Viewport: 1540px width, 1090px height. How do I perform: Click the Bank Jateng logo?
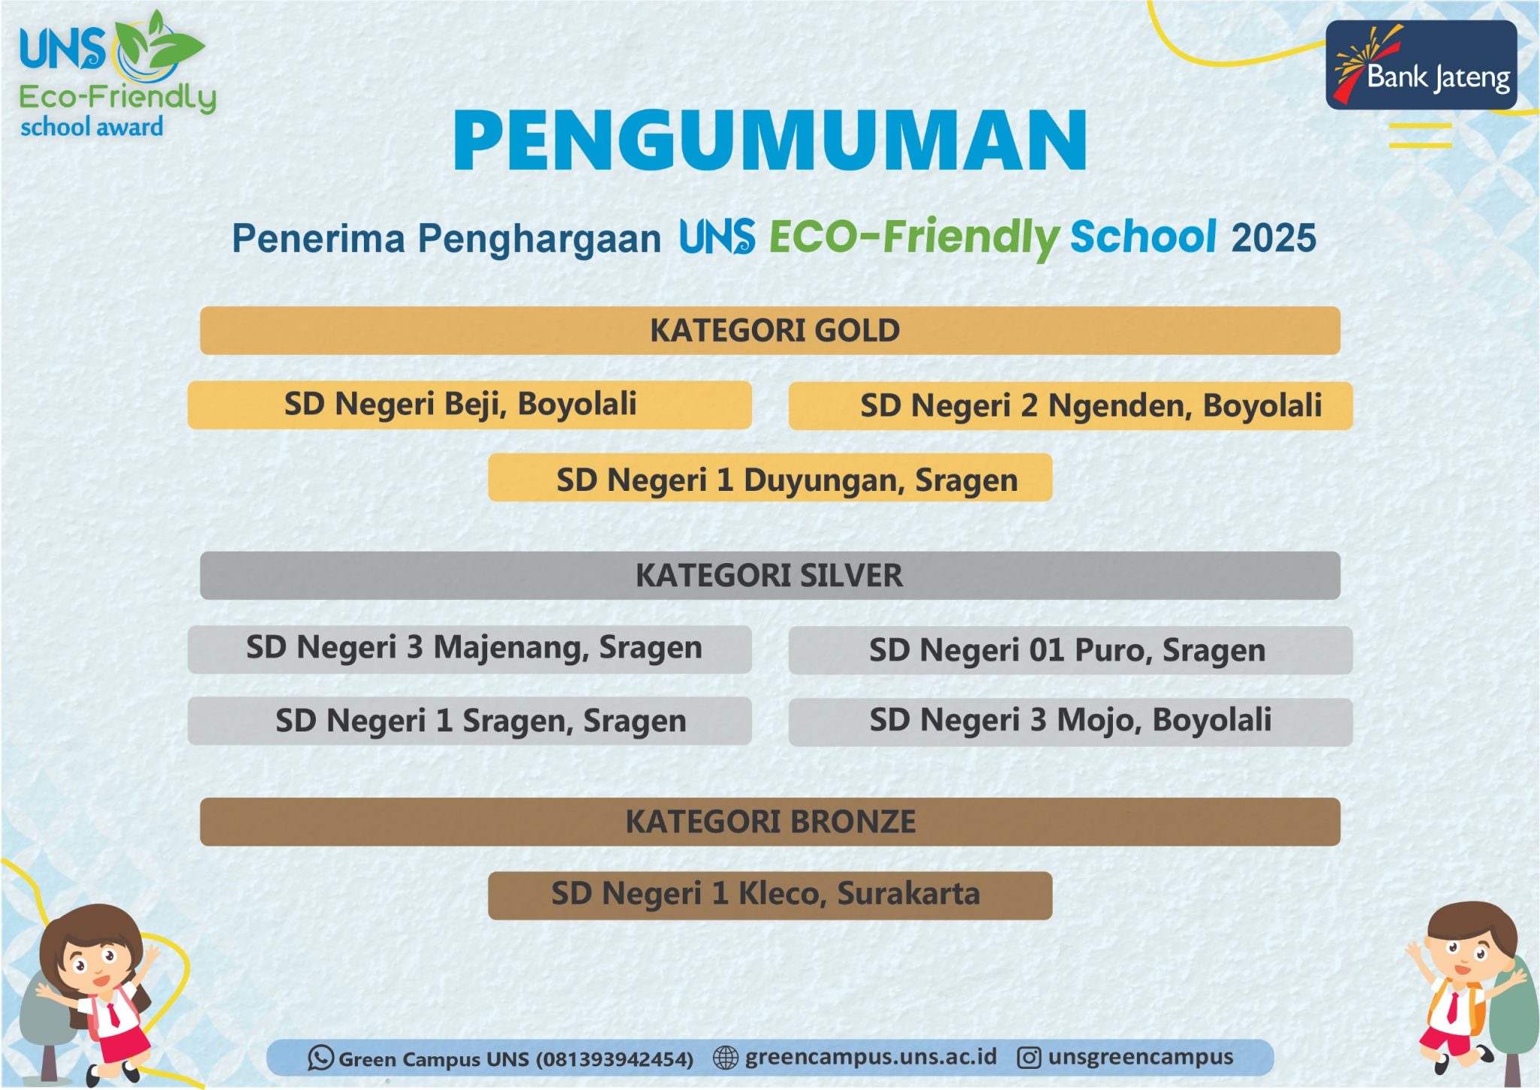(x=1420, y=65)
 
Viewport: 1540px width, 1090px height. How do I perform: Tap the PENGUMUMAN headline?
(x=770, y=141)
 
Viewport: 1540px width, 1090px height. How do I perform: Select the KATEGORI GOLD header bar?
(x=770, y=331)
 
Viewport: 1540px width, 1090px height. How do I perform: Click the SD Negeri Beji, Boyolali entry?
(x=469, y=405)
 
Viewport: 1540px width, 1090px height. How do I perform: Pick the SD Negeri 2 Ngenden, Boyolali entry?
(x=1070, y=406)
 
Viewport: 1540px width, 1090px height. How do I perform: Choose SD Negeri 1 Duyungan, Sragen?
(x=770, y=478)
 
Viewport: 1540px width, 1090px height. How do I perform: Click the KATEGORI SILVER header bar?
(x=770, y=576)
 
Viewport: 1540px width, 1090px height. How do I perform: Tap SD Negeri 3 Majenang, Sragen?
(x=469, y=649)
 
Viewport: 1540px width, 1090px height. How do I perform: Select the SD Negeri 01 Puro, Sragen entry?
(x=1070, y=650)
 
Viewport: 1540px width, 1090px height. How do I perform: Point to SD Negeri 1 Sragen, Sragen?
(x=469, y=721)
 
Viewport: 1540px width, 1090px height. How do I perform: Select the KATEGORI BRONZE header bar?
(x=770, y=822)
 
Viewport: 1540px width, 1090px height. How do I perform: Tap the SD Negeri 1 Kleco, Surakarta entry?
(x=770, y=895)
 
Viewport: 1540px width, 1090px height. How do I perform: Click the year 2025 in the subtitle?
(x=1273, y=238)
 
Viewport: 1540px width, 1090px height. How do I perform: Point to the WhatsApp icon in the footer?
(x=320, y=1058)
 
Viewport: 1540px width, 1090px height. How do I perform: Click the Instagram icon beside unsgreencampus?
(x=1029, y=1058)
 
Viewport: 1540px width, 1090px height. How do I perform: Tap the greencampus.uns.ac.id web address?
(x=870, y=1057)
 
